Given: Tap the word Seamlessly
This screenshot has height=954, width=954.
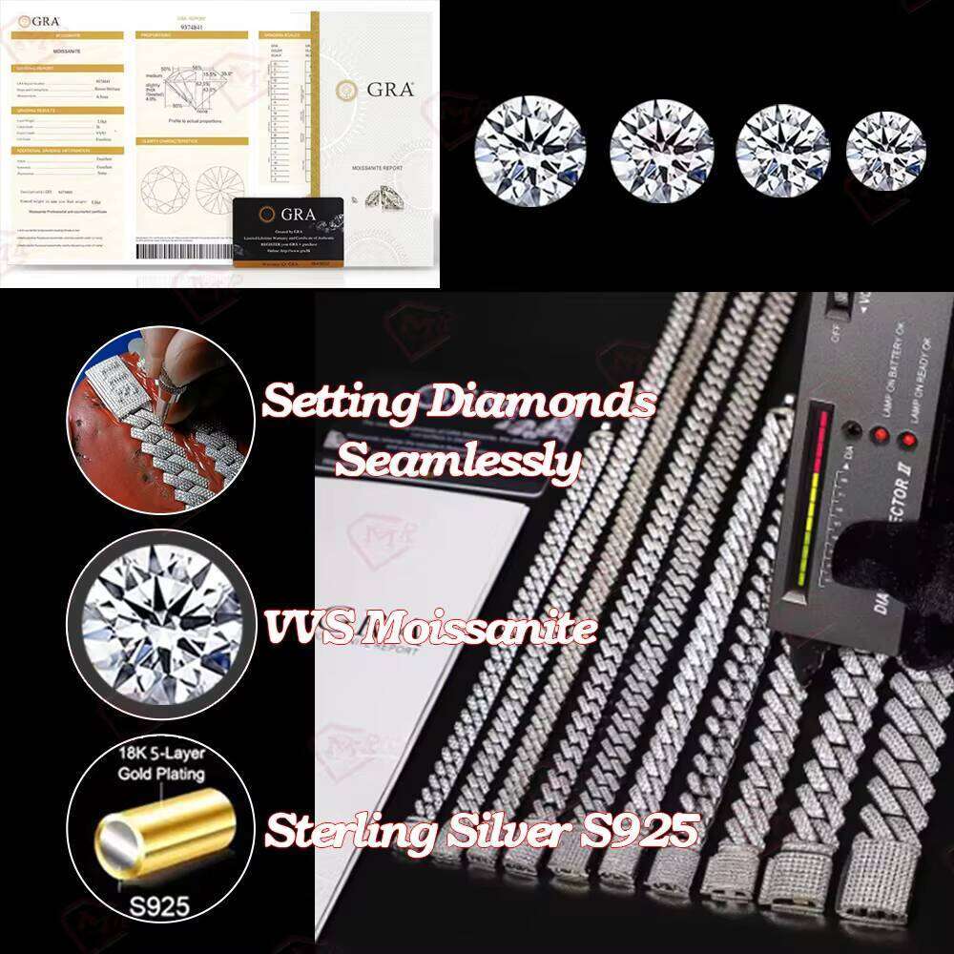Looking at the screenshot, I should (458, 463).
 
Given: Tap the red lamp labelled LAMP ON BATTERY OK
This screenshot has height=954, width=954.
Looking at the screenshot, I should (881, 433).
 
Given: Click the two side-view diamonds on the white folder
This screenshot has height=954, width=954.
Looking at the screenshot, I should (377, 197).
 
